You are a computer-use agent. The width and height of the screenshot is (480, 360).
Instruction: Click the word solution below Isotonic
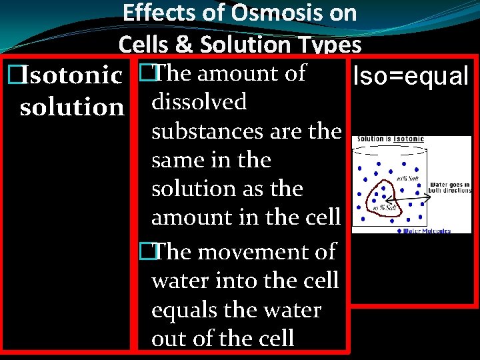click(x=72, y=107)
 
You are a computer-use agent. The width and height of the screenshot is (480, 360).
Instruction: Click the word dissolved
click(x=199, y=102)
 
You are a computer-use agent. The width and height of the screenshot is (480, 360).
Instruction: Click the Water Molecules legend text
click(x=427, y=231)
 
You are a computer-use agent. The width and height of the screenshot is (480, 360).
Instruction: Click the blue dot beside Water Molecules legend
click(x=398, y=231)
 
